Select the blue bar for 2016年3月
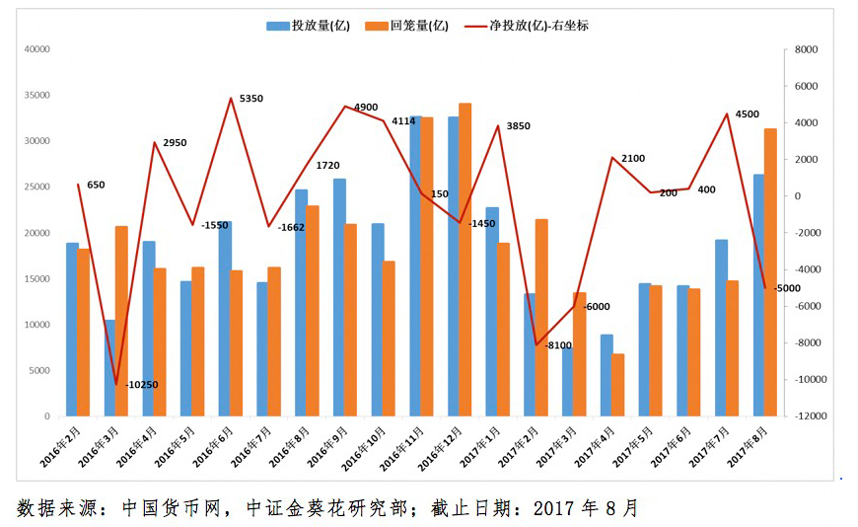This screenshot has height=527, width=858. [110, 368]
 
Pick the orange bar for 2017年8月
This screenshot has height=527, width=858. [770, 272]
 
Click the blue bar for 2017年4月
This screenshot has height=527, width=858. [607, 375]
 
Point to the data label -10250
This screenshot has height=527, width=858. [143, 384]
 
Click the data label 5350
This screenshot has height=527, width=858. [251, 99]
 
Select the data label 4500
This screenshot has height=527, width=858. [748, 114]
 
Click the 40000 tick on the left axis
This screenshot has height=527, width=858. [36, 49]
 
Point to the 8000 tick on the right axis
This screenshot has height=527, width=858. [806, 49]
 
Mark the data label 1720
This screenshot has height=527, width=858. [327, 165]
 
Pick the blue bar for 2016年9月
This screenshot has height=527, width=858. [339, 297]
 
